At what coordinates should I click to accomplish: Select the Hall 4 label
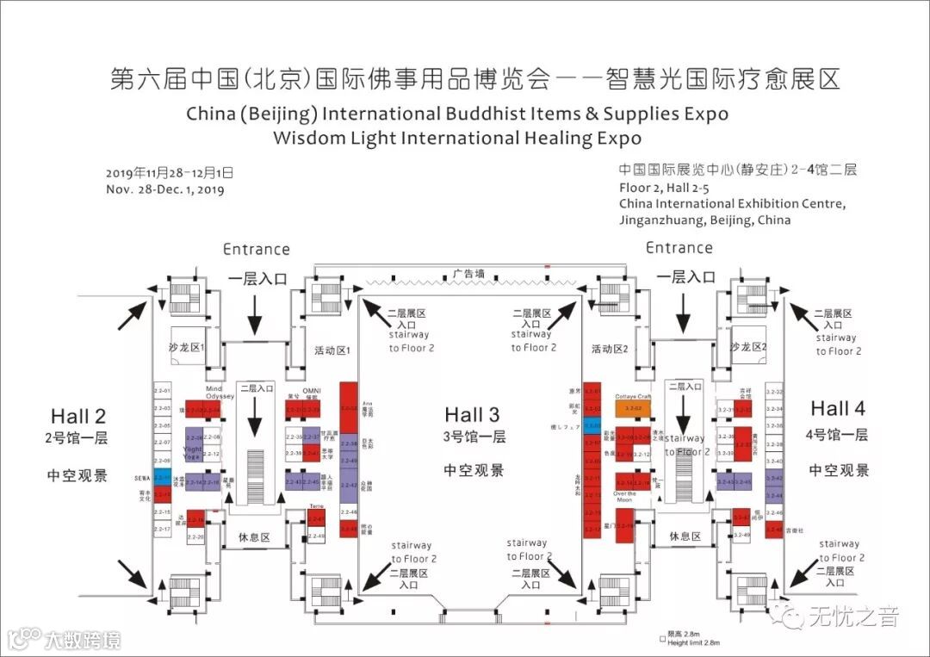point(837,408)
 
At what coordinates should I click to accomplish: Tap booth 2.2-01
point(162,392)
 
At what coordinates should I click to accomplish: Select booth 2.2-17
point(162,529)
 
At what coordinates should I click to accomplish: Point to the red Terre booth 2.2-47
point(316,519)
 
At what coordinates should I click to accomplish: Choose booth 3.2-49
point(741,535)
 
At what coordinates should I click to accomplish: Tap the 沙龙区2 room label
point(747,346)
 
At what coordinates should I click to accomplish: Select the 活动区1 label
point(331,350)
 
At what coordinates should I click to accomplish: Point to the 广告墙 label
point(469,274)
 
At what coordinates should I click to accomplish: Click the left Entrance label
point(256,250)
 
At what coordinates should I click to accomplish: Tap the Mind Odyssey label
point(218,393)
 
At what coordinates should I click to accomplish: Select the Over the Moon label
point(625,497)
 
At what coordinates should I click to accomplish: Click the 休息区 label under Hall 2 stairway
point(254,537)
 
